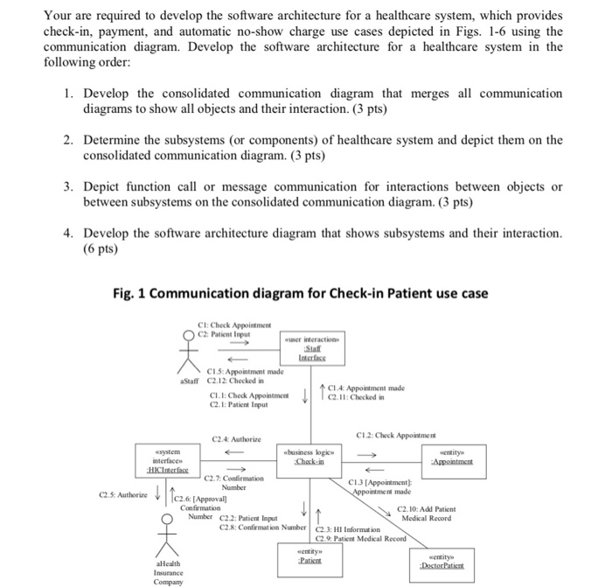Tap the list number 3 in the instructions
point(67,187)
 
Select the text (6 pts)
point(101,248)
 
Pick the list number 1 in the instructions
point(67,94)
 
